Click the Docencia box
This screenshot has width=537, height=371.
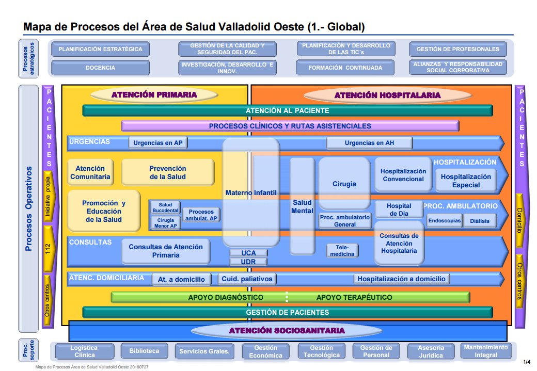point(100,68)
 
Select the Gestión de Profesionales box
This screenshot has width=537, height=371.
point(457,49)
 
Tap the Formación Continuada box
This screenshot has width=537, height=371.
point(345,68)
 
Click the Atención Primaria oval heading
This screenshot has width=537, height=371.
point(154,94)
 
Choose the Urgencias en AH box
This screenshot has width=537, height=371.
point(369,143)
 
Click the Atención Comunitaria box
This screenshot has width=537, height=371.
point(90,172)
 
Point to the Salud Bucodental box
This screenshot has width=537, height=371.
point(165,207)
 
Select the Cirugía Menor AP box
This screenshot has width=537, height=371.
point(165,223)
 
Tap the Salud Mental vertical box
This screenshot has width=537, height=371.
point(302,206)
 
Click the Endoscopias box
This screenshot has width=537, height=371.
point(444,221)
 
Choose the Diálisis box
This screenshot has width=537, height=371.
point(480,221)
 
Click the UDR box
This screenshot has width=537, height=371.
point(248,262)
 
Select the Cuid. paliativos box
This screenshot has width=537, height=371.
point(246,279)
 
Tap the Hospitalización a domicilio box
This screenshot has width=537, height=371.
point(401,279)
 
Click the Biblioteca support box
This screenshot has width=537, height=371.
point(144,351)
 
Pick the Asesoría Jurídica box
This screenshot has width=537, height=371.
point(431,351)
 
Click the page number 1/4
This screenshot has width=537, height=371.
point(526,361)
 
